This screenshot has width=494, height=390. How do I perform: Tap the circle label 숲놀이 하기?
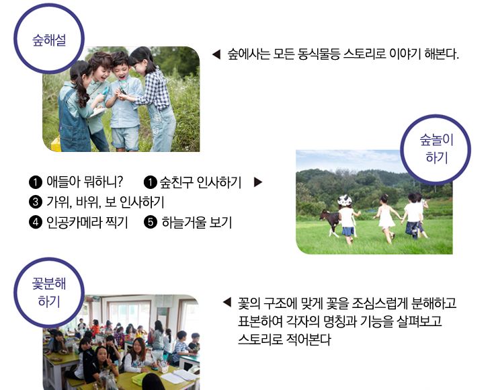436,149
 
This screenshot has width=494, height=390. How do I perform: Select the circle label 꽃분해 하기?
49,292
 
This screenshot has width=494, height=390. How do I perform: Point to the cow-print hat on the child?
344,200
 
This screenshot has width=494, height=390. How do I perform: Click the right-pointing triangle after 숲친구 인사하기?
258,182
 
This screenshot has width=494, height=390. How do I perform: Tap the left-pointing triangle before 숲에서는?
216,54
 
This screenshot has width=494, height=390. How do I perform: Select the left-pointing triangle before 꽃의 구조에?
227,302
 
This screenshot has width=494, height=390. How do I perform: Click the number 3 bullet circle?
35,202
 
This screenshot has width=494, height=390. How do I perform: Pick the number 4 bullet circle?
35,223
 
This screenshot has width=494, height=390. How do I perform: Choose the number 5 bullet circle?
151,223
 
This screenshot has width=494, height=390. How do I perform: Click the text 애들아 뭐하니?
85,182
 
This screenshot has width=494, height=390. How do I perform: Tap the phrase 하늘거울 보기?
197,223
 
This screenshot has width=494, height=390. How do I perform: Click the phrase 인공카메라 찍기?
87,223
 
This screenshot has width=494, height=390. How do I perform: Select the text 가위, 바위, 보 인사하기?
106,202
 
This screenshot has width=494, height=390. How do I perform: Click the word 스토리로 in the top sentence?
364,54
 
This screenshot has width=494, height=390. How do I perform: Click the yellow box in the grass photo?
56,144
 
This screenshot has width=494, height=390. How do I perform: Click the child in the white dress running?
386,218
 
